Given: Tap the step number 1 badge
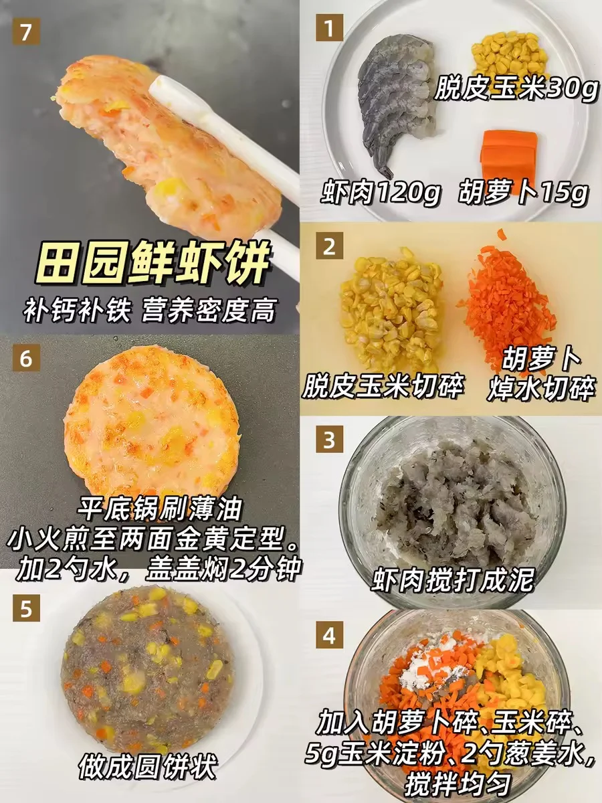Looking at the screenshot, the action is click(x=330, y=27).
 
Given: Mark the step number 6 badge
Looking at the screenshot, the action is click(x=26, y=358).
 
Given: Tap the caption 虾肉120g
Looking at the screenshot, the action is click(x=381, y=193).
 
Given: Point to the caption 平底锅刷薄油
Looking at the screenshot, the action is click(x=159, y=508).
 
